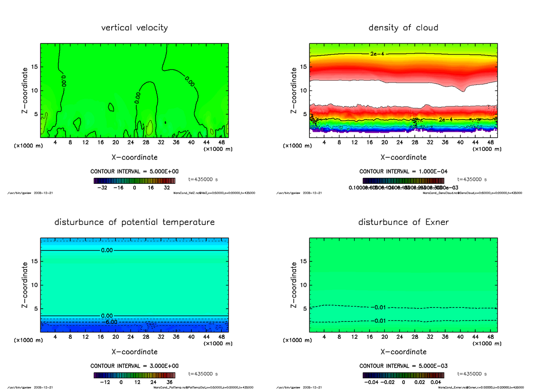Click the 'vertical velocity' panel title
click(x=134, y=28)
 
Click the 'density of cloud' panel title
click(x=403, y=28)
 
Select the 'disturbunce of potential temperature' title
click(x=134, y=222)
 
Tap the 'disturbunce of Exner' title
click(x=403, y=222)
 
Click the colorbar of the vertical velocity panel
click(x=134, y=181)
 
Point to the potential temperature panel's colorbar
click(x=134, y=375)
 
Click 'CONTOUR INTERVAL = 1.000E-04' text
click(x=403, y=171)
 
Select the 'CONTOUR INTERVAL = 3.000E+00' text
click(x=134, y=366)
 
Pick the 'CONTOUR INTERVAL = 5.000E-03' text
click(x=403, y=366)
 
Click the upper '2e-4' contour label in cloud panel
click(x=377, y=54)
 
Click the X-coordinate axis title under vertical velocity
click(x=134, y=157)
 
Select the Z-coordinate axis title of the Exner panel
click(x=295, y=285)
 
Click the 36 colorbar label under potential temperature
click(x=169, y=382)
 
